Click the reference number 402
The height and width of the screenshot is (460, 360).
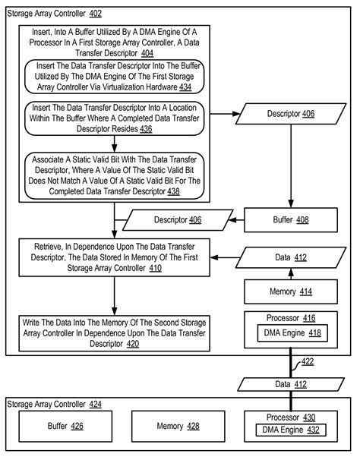[96, 14]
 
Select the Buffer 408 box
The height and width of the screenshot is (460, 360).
[291, 220]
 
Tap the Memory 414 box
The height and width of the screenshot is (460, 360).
[291, 291]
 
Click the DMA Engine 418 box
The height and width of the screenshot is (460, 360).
[292, 333]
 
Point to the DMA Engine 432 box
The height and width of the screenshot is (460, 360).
[291, 430]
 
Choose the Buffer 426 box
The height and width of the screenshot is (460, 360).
[65, 426]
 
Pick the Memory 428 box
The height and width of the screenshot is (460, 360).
[178, 426]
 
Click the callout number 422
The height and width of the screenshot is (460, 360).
[308, 361]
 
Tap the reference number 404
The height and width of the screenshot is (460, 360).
[147, 53]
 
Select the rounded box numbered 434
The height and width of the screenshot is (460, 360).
[114, 77]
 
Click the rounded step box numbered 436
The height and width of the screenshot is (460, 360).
[114, 118]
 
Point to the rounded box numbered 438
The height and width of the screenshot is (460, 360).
[114, 175]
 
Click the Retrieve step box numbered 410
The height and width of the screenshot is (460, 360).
[114, 257]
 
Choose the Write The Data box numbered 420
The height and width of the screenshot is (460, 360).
[114, 333]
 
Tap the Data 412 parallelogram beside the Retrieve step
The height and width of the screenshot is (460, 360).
[291, 257]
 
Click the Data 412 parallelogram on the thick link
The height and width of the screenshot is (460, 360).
[291, 384]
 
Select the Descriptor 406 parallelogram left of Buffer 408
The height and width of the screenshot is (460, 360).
[178, 220]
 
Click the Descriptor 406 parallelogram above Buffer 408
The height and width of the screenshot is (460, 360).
[291, 114]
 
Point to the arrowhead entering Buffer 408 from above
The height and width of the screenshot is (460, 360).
[291, 204]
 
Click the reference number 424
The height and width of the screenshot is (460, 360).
[96, 405]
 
